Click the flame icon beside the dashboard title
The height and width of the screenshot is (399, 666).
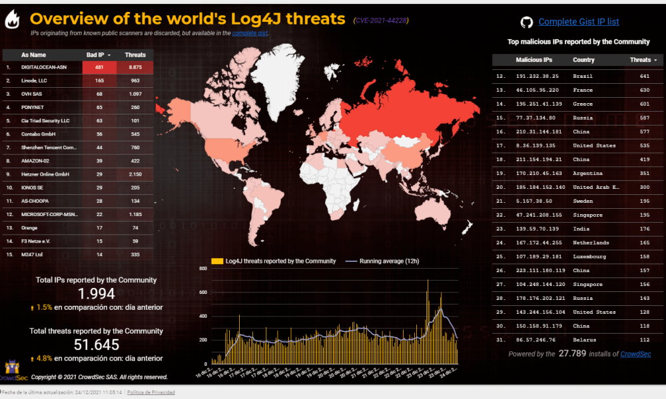click(x=13, y=21)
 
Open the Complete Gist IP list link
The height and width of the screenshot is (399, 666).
click(x=578, y=22)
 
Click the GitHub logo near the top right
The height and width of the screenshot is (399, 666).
click(x=526, y=23)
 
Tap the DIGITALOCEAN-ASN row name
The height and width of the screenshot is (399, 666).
click(x=44, y=67)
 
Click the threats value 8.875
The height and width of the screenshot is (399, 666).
click(x=135, y=67)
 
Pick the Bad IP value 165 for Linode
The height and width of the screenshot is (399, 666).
click(x=99, y=80)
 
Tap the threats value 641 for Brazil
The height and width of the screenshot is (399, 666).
click(x=644, y=76)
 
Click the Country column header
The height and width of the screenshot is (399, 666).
click(x=583, y=60)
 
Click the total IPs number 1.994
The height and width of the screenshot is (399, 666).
click(x=96, y=294)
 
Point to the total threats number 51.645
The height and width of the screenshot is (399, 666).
click(x=96, y=344)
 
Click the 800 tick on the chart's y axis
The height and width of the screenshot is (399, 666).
click(x=203, y=268)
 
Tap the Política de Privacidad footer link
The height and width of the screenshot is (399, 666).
click(x=151, y=392)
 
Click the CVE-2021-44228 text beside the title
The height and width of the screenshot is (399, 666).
click(x=381, y=21)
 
